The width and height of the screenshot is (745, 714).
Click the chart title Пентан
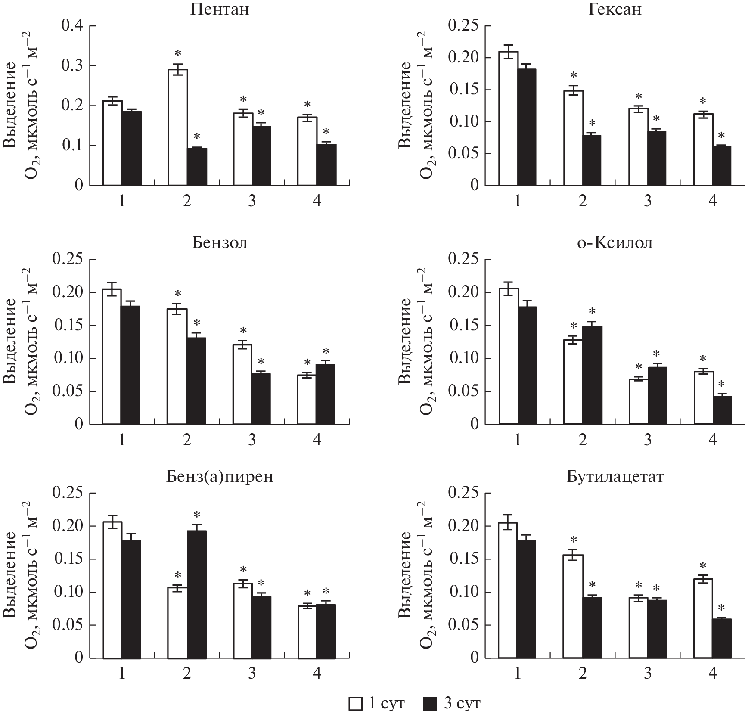click(220, 9)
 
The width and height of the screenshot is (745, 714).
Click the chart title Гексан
click(615, 9)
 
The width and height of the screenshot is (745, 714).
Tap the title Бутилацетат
click(615, 477)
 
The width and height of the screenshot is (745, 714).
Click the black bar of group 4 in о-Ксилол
click(722, 410)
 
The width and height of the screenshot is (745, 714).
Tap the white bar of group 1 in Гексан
click(508, 118)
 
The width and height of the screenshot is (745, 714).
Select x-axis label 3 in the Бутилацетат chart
click(647, 673)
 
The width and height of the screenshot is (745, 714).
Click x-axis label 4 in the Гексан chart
click(712, 201)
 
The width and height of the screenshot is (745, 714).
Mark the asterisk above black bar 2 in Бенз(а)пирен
click(197, 515)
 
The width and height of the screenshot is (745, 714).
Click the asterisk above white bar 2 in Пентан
click(178, 54)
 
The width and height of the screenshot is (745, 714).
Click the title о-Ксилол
click(615, 243)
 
